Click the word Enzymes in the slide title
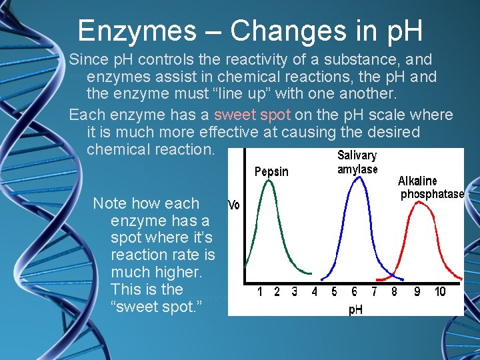point(137,31)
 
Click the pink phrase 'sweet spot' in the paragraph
point(252,115)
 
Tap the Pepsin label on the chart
point(271,172)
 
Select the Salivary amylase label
point(357,162)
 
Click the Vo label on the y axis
point(234,205)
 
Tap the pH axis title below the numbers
point(356,310)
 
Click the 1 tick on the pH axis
point(260,292)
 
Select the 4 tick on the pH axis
point(314,292)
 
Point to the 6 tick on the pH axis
point(354,292)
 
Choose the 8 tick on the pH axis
point(394,292)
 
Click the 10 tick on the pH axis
point(440,292)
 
